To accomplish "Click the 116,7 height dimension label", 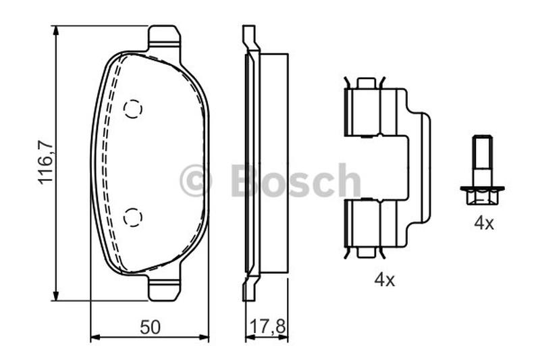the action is [x=46, y=163].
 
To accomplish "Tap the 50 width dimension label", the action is [x=150, y=327].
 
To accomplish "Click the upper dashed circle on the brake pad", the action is [x=132, y=109].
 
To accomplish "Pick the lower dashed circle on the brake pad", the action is [x=132, y=217].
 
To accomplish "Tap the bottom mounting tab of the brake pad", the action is [x=164, y=288].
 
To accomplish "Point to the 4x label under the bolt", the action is [x=484, y=224].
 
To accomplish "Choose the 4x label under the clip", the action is [x=384, y=280].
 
